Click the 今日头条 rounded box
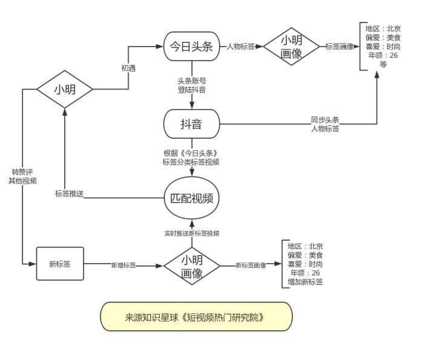(191, 46)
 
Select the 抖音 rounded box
(191, 124)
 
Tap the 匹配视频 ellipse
(191, 198)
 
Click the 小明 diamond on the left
(65, 90)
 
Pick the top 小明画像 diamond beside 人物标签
(291, 46)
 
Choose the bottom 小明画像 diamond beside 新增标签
(192, 266)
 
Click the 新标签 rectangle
(60, 264)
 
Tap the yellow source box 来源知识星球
(196, 317)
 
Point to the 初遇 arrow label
(128, 68)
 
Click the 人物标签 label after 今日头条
(240, 46)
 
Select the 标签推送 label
(69, 194)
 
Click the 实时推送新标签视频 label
(192, 233)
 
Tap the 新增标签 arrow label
(124, 265)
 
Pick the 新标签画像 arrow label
(251, 265)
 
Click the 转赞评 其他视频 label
(22, 176)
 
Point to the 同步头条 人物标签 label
(325, 124)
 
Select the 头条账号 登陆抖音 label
(192, 85)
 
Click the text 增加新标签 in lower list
(305, 282)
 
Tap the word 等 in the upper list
(383, 64)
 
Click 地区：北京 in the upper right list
(383, 28)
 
